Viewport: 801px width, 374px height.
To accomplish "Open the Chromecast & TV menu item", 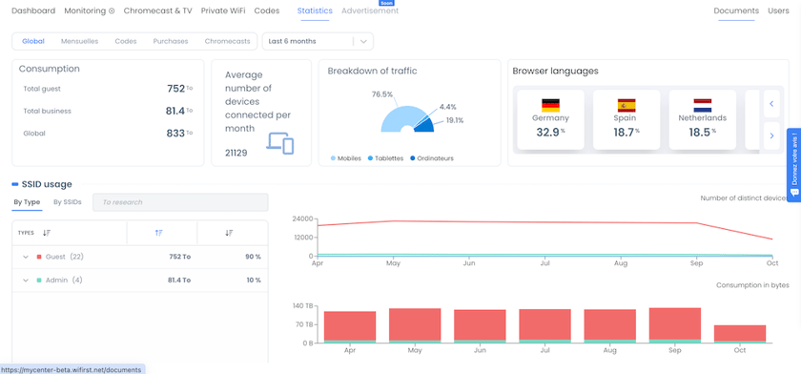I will [x=157, y=10].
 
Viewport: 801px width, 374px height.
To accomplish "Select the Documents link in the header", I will [x=735, y=10].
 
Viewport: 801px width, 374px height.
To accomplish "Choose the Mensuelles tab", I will [x=79, y=41].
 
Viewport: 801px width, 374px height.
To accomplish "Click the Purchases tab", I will [x=171, y=41].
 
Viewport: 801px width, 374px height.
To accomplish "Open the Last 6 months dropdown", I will [x=318, y=41].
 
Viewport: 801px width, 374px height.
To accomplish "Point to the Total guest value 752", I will [x=175, y=89].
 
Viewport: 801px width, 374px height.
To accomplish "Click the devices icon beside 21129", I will [x=280, y=143].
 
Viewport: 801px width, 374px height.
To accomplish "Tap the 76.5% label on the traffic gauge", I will [x=382, y=94].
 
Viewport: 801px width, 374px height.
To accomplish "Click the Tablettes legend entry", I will [x=388, y=157].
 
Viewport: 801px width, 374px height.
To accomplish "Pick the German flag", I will [x=550, y=105].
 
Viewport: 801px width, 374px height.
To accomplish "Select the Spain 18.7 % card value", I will [x=626, y=133].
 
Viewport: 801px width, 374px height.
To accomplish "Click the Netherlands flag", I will [x=702, y=105].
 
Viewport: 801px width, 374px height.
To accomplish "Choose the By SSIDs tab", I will [x=68, y=202].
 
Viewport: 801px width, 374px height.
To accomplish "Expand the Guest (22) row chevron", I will [x=26, y=257].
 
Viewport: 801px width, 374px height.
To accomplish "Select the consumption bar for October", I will [x=740, y=333].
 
